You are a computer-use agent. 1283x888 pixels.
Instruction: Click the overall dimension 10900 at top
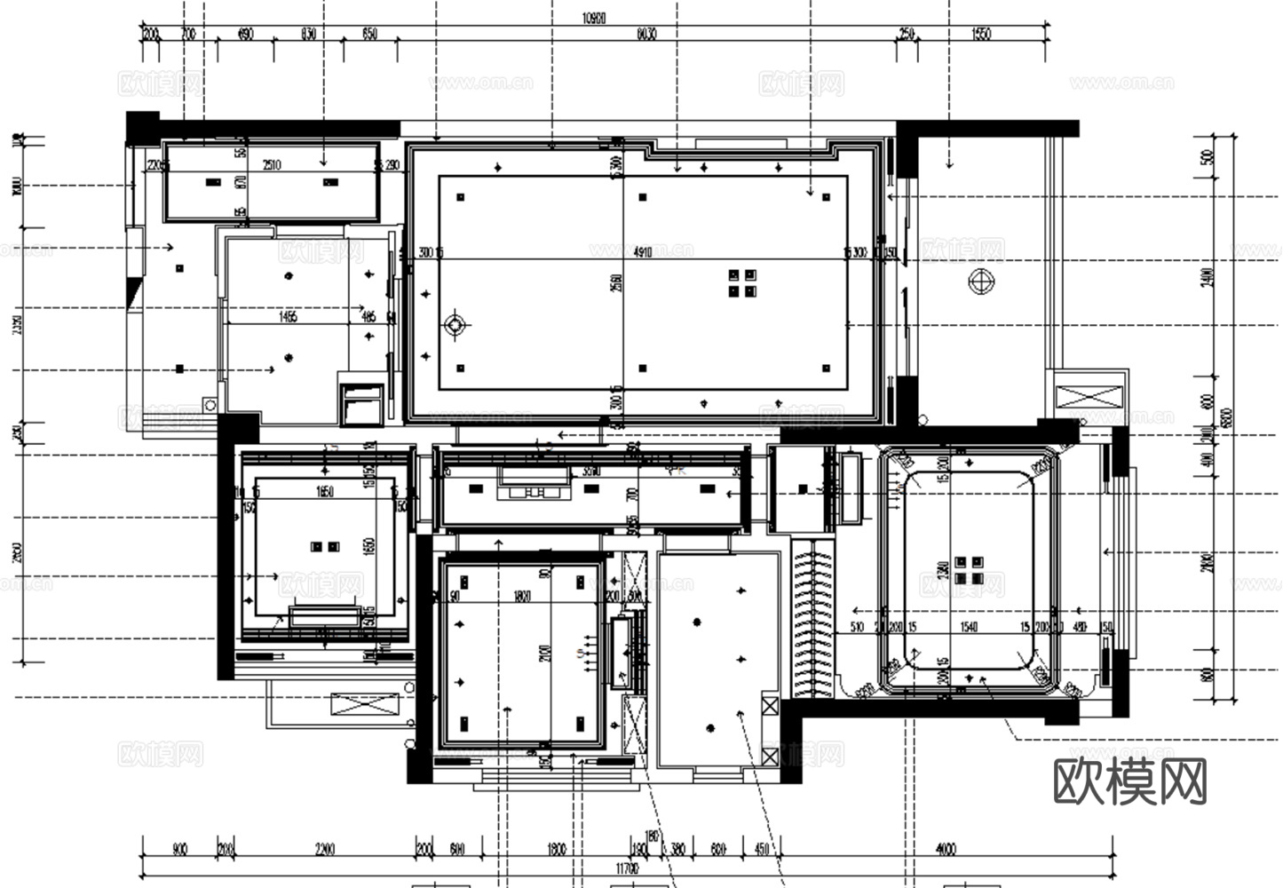(x=593, y=19)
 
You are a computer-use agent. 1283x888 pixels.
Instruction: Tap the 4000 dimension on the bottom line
(x=946, y=850)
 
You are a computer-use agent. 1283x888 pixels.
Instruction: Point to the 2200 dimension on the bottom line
(x=325, y=850)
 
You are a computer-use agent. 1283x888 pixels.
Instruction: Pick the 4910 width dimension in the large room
(x=643, y=252)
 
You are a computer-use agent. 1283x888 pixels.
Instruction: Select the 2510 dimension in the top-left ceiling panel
(x=272, y=165)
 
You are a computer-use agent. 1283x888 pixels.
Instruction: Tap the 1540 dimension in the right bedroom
(x=968, y=627)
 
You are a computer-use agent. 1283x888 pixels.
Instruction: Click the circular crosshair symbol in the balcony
(x=981, y=281)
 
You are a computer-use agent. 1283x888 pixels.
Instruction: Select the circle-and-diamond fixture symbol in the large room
(x=455, y=325)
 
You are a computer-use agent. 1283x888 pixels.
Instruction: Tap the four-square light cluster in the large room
(x=742, y=283)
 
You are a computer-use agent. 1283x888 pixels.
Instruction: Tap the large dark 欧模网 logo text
(x=1130, y=782)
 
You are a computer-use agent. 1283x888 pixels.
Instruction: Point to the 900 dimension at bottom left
(x=179, y=850)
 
